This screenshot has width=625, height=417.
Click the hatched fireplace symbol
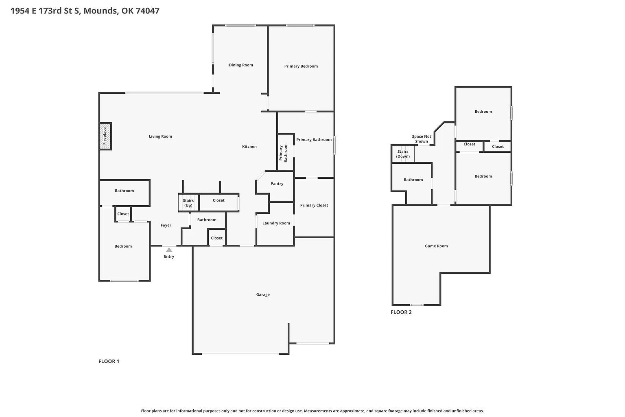tap(105, 136)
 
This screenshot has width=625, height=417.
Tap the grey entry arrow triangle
tap(169, 250)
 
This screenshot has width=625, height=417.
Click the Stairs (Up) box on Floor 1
tap(188, 202)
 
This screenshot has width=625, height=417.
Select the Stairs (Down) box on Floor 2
tap(403, 154)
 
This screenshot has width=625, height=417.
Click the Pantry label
tap(277, 184)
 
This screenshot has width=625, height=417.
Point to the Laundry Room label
tap(276, 223)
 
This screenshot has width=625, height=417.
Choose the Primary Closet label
tap(314, 205)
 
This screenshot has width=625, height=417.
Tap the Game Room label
tap(436, 246)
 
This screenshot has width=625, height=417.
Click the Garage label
tap(263, 295)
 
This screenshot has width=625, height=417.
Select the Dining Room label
tap(241, 65)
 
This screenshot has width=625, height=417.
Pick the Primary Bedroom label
tap(301, 66)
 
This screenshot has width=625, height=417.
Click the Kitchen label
tap(249, 147)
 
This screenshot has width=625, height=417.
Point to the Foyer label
tap(166, 225)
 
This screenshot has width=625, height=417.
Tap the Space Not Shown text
tap(422, 139)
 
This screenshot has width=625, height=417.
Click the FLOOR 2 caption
tap(401, 312)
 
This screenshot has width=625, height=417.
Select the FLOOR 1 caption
tap(109, 362)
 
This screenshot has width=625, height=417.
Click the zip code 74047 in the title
tap(148, 11)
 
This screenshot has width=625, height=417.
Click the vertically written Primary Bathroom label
tap(283, 153)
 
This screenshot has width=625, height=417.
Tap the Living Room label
tap(160, 136)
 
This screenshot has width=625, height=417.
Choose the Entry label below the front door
tap(169, 257)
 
